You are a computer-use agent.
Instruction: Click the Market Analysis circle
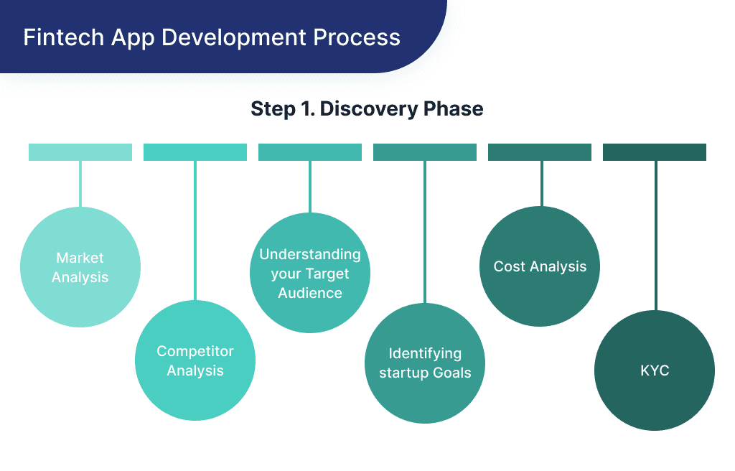coord(80,267)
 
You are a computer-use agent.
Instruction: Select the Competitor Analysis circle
coord(195,360)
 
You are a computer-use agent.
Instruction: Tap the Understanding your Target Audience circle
coord(310,273)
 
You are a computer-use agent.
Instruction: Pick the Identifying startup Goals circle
coord(425,363)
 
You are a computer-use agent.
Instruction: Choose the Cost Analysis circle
coord(540,266)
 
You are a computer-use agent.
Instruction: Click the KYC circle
coord(655,370)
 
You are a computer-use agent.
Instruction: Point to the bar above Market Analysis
coord(80,152)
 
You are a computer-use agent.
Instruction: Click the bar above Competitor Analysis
coord(195,152)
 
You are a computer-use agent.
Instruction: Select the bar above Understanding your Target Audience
coord(310,152)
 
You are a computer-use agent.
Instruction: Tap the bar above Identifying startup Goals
coord(425,152)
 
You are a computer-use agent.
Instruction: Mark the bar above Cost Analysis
coord(540,152)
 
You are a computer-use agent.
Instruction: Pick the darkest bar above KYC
coord(655,152)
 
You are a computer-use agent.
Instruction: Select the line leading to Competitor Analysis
coord(195,230)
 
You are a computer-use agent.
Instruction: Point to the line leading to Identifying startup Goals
coord(425,230)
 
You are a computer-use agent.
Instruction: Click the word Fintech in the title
coord(53,37)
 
